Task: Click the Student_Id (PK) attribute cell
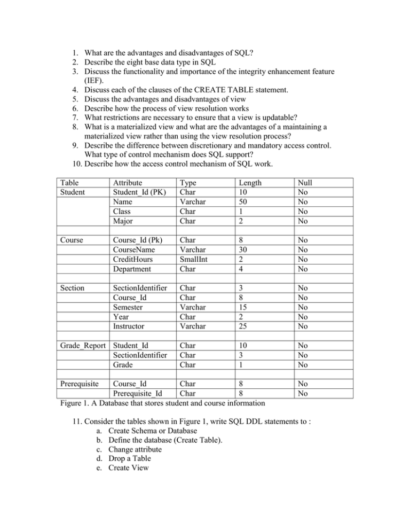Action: point(136,192)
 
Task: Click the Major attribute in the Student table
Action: point(120,221)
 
